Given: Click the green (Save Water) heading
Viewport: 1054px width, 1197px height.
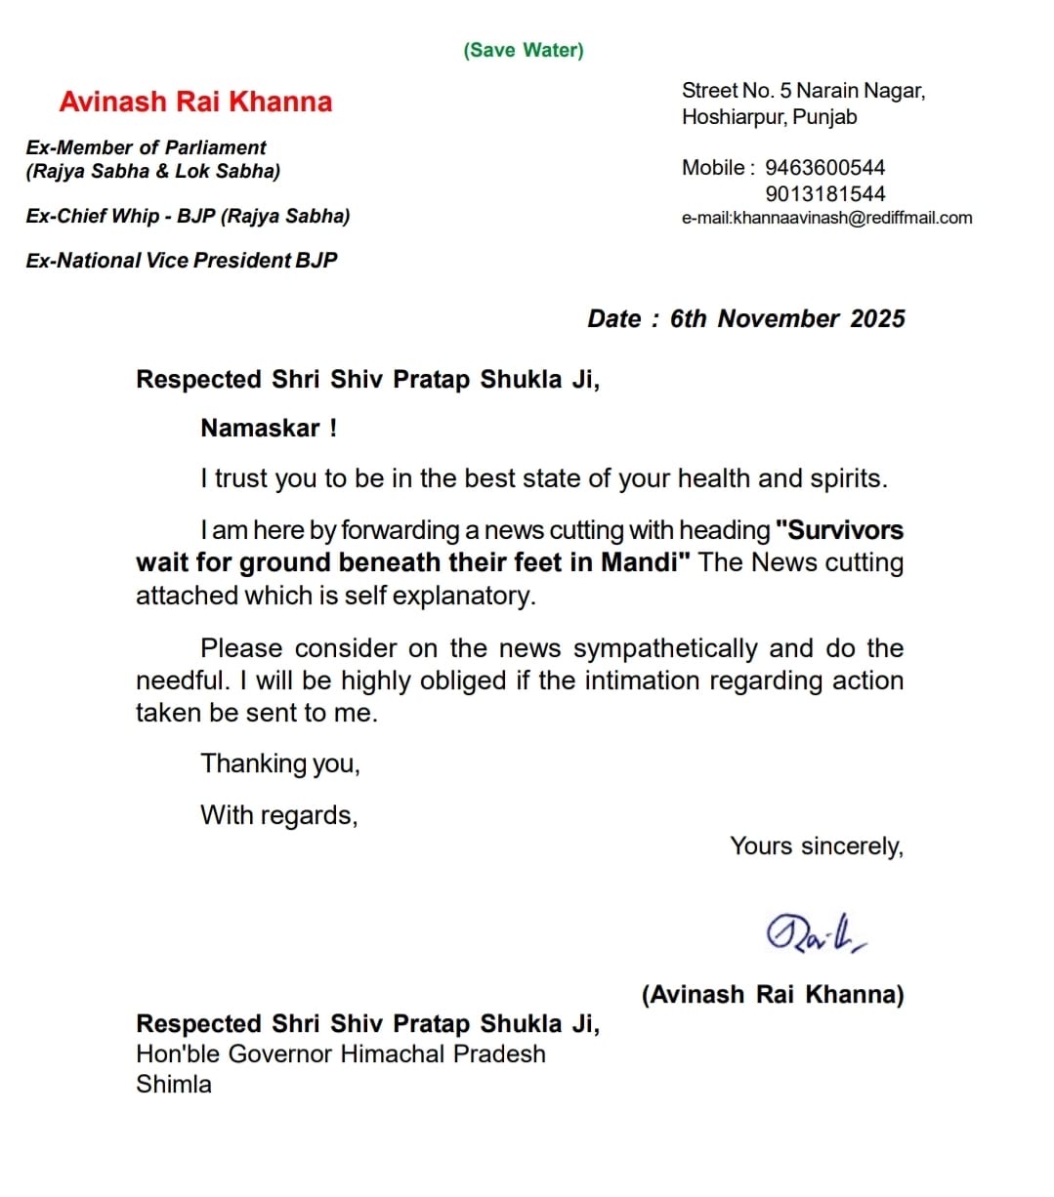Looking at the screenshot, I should tap(524, 50).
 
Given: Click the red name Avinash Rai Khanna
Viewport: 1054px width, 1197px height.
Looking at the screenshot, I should tap(195, 102).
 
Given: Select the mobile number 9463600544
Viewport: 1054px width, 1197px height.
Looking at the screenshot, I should tap(824, 168).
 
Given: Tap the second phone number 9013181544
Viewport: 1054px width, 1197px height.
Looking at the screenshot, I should tap(824, 193).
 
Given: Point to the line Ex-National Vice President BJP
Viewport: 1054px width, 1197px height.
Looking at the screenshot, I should tap(182, 261).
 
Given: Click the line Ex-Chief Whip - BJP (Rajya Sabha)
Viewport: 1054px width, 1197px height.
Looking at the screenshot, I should tap(188, 216).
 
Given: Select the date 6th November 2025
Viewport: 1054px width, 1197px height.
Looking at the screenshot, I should tap(787, 319).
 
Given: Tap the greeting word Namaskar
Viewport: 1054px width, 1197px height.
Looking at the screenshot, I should tap(260, 429).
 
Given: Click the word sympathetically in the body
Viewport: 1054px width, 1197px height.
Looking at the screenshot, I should tap(665, 648).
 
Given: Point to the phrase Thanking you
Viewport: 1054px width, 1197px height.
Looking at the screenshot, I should tap(280, 764).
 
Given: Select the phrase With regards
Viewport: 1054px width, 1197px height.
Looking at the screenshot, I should tap(279, 815).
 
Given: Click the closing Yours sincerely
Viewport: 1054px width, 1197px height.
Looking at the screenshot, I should tap(817, 846).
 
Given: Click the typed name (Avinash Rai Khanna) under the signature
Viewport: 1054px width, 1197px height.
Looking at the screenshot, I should tap(773, 994).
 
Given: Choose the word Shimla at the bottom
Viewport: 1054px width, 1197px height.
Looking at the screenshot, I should tap(174, 1084).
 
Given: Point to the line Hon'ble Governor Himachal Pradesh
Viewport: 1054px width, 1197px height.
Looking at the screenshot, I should tap(341, 1054).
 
